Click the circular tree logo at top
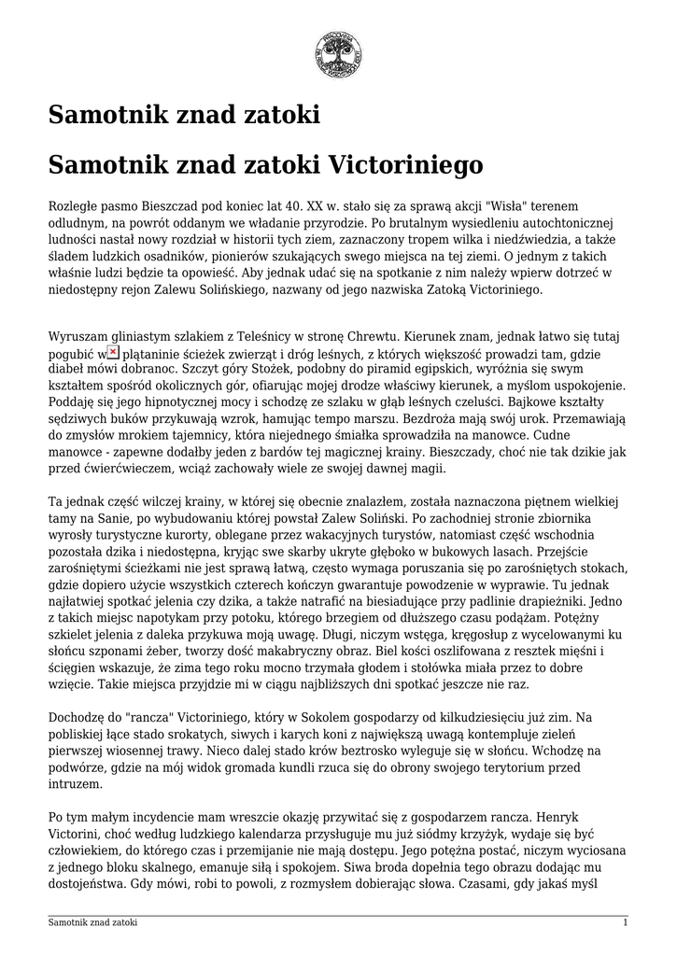pos(338,54)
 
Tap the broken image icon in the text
pos(113,352)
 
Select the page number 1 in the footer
pos(625,922)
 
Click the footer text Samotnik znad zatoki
pos(92,922)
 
